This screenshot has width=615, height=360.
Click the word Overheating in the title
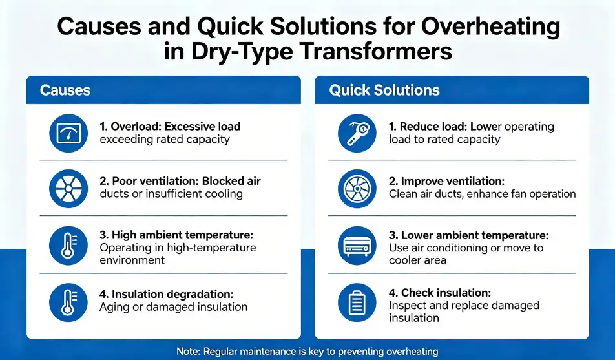490,26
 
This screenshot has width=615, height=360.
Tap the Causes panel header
163,90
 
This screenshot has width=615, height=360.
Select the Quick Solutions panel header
452,90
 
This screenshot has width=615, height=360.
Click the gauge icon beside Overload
68,133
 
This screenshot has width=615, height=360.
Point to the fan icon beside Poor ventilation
68,189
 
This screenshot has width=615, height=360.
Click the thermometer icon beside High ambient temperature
68,246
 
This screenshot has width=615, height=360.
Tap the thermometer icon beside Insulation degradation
68,302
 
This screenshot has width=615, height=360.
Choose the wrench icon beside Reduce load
357,133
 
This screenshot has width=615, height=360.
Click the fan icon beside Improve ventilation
357,189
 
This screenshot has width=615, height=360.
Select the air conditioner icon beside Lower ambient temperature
357,246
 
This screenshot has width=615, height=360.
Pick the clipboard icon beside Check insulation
357,302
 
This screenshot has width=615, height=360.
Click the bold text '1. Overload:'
130,127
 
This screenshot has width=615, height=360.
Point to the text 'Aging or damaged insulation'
173,307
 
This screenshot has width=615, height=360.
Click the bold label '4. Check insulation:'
440,293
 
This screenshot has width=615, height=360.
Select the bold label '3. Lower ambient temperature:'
469,235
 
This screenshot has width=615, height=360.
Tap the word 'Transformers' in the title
374,52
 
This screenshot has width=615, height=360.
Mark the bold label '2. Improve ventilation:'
447,182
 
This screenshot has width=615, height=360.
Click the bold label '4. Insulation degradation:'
166,294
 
